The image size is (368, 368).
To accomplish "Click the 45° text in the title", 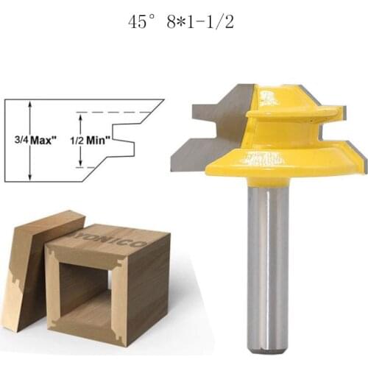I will point(141,22).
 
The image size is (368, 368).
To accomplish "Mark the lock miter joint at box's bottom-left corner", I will point(54,323).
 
